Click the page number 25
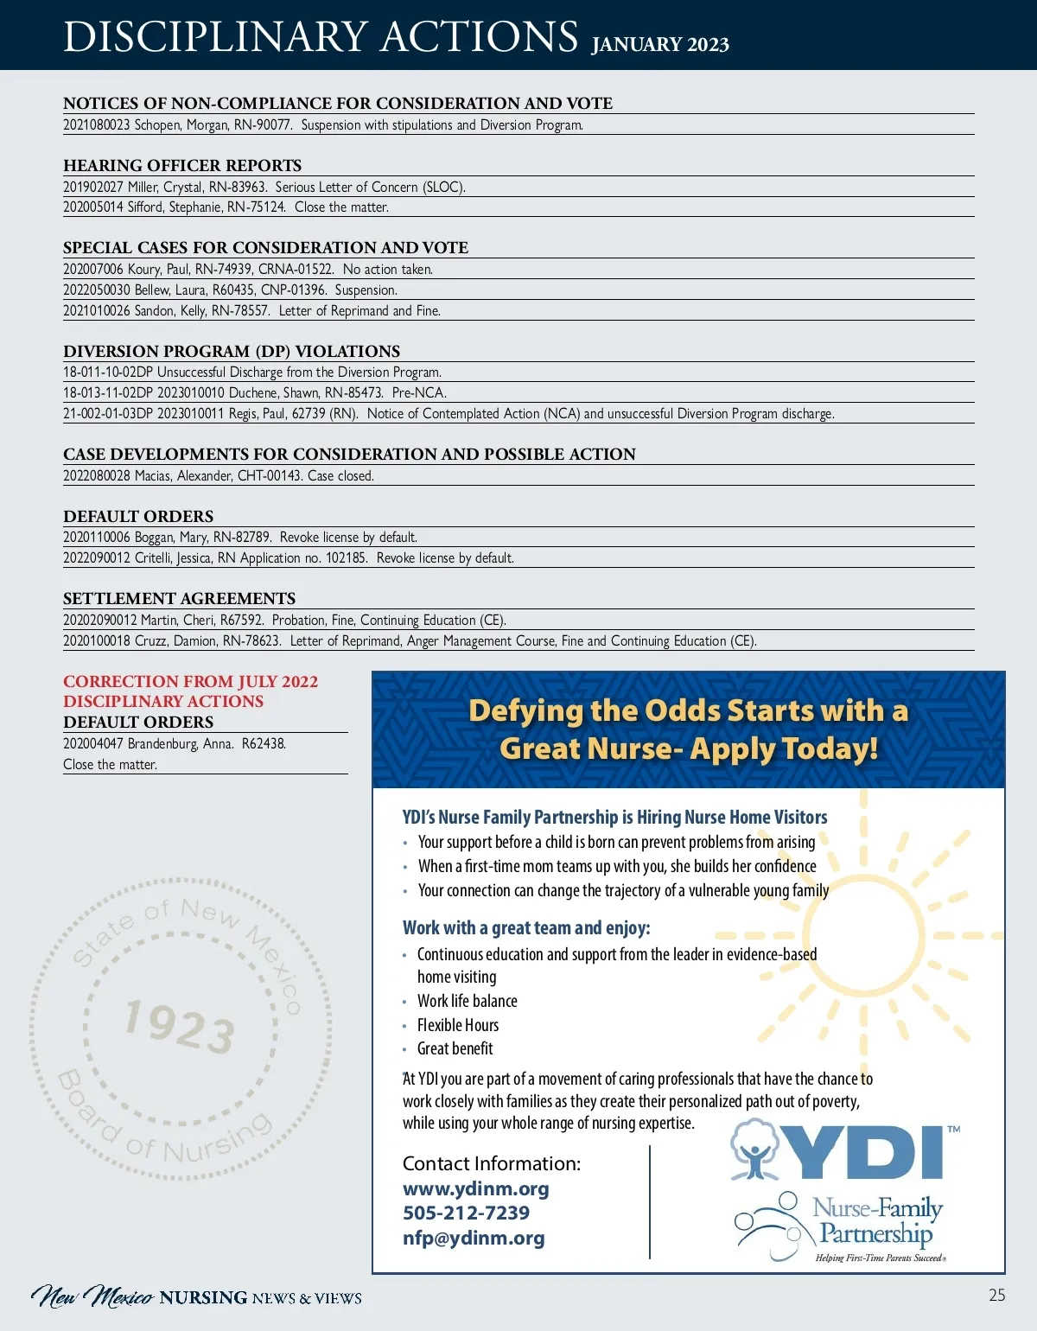(x=996, y=1295)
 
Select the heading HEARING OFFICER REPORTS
(x=182, y=165)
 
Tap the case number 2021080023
(x=96, y=124)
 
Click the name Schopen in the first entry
(x=156, y=124)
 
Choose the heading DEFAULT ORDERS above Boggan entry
(x=138, y=516)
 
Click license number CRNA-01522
(x=296, y=269)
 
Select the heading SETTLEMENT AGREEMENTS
(x=179, y=598)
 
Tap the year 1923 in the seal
(x=179, y=1026)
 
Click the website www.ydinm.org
(x=475, y=1188)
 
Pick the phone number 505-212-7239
(x=466, y=1213)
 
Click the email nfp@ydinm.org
(x=474, y=1238)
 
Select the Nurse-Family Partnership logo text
(x=876, y=1220)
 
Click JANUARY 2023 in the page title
(x=660, y=44)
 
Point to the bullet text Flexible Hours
(x=458, y=1025)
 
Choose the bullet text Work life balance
(x=468, y=1001)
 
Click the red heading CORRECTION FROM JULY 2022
(x=190, y=681)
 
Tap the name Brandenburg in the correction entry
(x=163, y=743)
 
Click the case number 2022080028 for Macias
(x=96, y=475)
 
